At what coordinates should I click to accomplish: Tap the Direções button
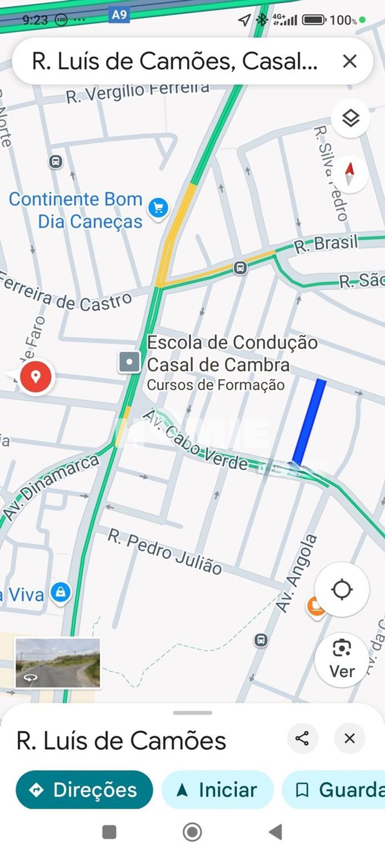[x=84, y=790]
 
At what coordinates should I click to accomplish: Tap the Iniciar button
[x=217, y=790]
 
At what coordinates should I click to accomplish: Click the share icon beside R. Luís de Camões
[x=303, y=738]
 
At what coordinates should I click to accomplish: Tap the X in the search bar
[x=350, y=61]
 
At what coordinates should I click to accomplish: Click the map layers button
[x=351, y=118]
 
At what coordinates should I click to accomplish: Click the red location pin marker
[x=36, y=377]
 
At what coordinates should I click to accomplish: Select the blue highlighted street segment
[x=309, y=422]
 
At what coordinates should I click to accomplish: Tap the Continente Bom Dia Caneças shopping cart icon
[x=159, y=208]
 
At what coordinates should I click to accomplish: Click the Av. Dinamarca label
[x=51, y=488]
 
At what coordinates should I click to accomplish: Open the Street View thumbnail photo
[x=58, y=663]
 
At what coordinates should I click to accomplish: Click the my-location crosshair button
[x=342, y=589]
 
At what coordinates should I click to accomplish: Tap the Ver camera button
[x=342, y=659]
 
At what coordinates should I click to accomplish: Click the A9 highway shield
[x=119, y=15]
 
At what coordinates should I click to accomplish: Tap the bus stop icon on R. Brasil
[x=240, y=268]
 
